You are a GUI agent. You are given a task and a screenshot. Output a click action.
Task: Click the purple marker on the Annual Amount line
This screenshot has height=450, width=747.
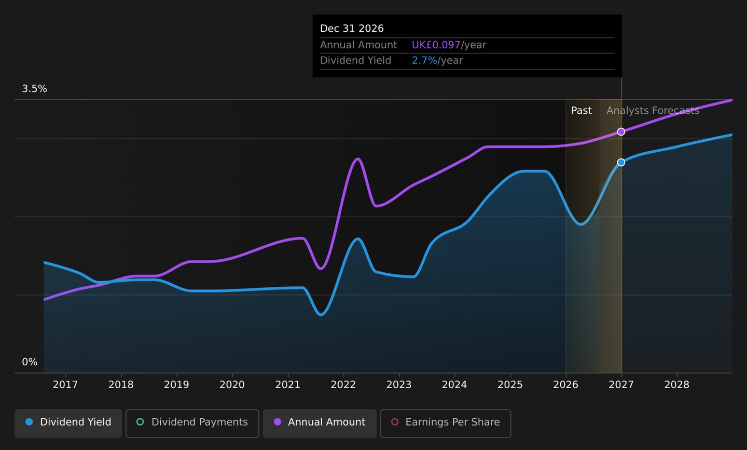tap(621, 131)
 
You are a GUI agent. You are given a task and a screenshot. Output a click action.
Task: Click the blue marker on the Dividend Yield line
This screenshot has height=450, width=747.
tap(621, 162)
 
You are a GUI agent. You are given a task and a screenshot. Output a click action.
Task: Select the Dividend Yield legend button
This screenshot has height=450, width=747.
tap(68, 423)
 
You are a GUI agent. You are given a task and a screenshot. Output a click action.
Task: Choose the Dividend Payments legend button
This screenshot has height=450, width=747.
tap(192, 423)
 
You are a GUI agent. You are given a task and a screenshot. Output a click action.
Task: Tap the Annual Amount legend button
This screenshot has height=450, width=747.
tap(320, 423)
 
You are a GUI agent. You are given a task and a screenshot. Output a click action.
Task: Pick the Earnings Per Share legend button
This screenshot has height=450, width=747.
tap(446, 423)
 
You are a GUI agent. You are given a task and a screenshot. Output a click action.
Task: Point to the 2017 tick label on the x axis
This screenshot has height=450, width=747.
tap(65, 385)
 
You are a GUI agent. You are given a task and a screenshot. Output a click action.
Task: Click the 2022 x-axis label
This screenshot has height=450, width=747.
tap(343, 385)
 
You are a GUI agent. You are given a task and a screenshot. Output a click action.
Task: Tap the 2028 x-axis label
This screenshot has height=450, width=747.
tap(677, 385)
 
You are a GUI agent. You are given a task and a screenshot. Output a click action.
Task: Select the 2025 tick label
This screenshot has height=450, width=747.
tap(510, 385)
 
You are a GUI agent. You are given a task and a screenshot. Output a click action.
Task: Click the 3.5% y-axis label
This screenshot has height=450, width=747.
tap(34, 88)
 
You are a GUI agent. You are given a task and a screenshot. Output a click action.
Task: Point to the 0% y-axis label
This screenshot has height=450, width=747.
tap(30, 362)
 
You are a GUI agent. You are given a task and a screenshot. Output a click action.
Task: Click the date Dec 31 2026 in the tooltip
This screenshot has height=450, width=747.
tap(352, 29)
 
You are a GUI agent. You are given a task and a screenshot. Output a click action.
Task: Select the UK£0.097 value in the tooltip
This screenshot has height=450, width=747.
tap(436, 45)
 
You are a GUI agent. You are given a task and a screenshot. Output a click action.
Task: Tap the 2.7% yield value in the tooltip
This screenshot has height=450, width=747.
tap(424, 60)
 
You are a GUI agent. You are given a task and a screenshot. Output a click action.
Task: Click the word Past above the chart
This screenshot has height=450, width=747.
tap(581, 111)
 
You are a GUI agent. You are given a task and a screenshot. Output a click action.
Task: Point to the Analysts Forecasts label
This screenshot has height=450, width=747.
tap(653, 111)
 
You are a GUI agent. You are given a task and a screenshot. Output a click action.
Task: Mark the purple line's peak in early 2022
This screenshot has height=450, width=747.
tap(357, 158)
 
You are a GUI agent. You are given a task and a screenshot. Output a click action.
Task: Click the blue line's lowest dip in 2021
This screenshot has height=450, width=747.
tap(321, 314)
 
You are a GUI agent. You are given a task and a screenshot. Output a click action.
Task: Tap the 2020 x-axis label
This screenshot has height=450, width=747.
tap(232, 385)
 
